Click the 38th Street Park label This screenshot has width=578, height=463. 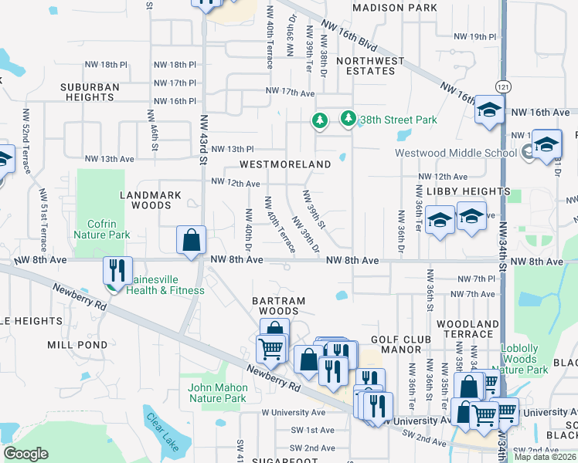coord(398,120)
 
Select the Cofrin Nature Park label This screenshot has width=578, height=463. coord(101,228)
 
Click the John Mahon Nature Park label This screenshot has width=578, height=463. coord(217,393)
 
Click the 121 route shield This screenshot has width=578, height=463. coord(503,85)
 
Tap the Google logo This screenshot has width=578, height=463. coord(25,454)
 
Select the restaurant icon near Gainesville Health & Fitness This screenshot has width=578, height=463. coord(117,270)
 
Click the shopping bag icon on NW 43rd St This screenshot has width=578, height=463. coord(191,239)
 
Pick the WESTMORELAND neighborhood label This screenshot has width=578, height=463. coord(285,164)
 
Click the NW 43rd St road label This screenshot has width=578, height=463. coord(204,139)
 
